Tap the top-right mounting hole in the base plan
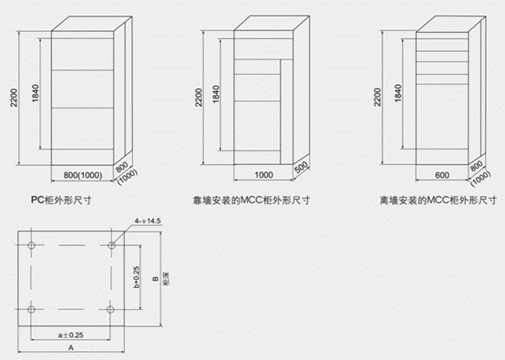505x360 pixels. (x=114, y=244)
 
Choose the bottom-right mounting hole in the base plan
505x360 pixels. (x=114, y=310)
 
